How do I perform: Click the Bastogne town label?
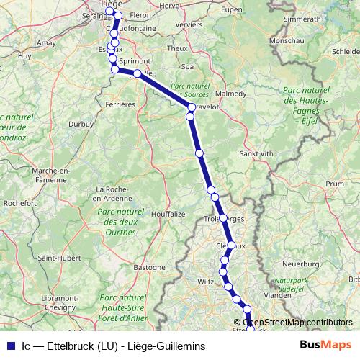tap(150, 267)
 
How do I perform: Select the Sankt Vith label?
tap(256, 153)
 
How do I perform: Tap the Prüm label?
tap(334, 184)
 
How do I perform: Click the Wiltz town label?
tap(207, 282)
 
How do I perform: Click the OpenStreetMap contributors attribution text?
tap(297, 322)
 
